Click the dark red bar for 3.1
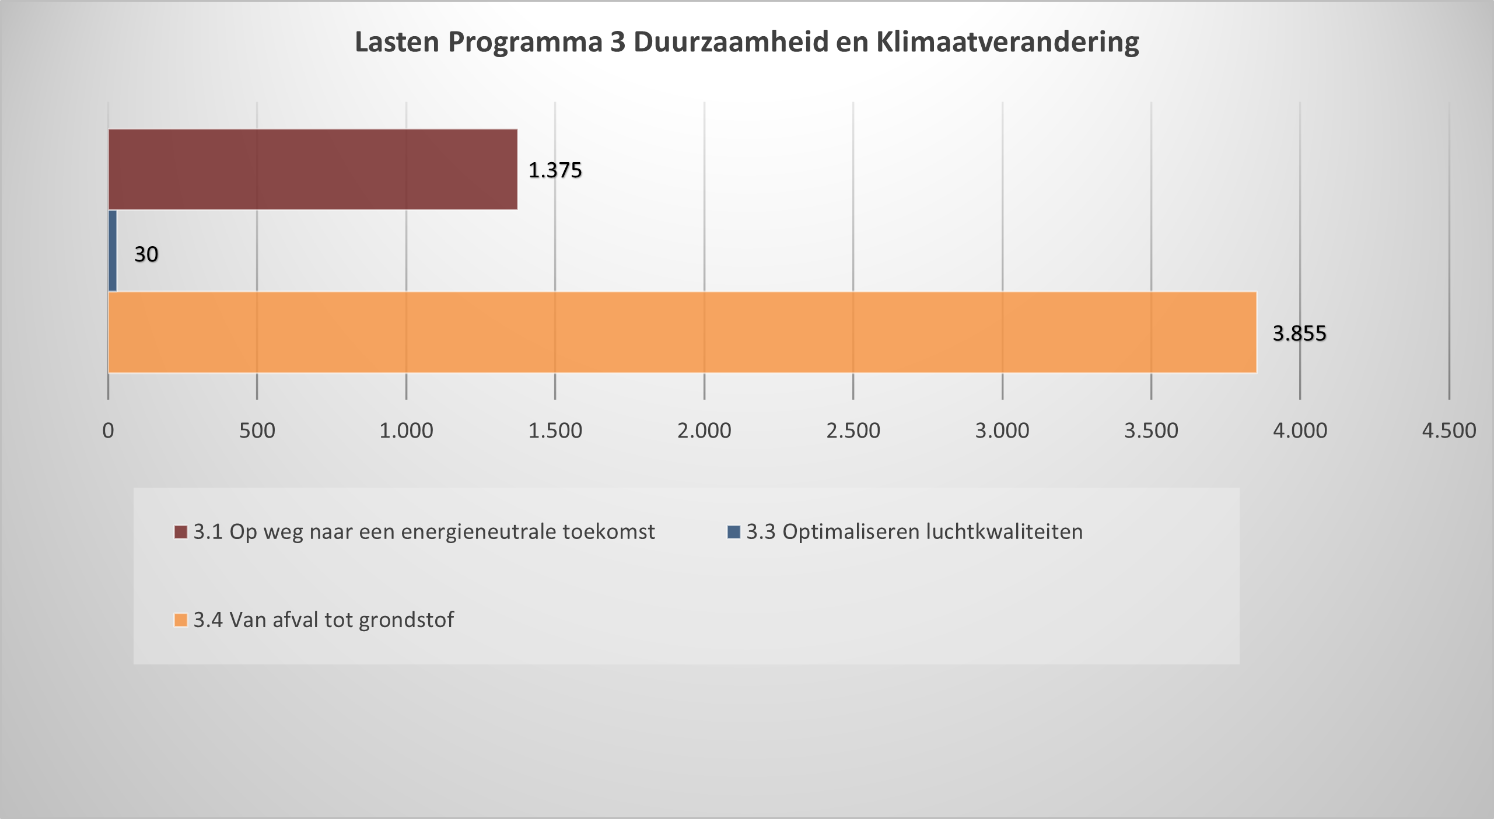pos(313,169)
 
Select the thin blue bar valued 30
pos(113,251)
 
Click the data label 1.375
pos(555,170)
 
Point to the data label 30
pos(146,254)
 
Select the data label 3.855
pos(1299,334)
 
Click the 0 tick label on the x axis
pos(108,431)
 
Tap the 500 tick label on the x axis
pos(257,431)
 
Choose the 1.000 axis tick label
pos(406,431)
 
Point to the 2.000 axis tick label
pos(704,431)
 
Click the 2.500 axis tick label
pos(853,431)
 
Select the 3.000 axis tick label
pos(1002,431)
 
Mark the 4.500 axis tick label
pos(1449,431)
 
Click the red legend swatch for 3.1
pos(181,532)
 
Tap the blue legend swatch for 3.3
pos(733,532)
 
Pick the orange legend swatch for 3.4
pos(181,620)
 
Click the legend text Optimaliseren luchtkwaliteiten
pos(932,532)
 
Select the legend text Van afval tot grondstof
pos(341,620)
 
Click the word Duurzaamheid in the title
pos(731,42)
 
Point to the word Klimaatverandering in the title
pos(1007,42)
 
